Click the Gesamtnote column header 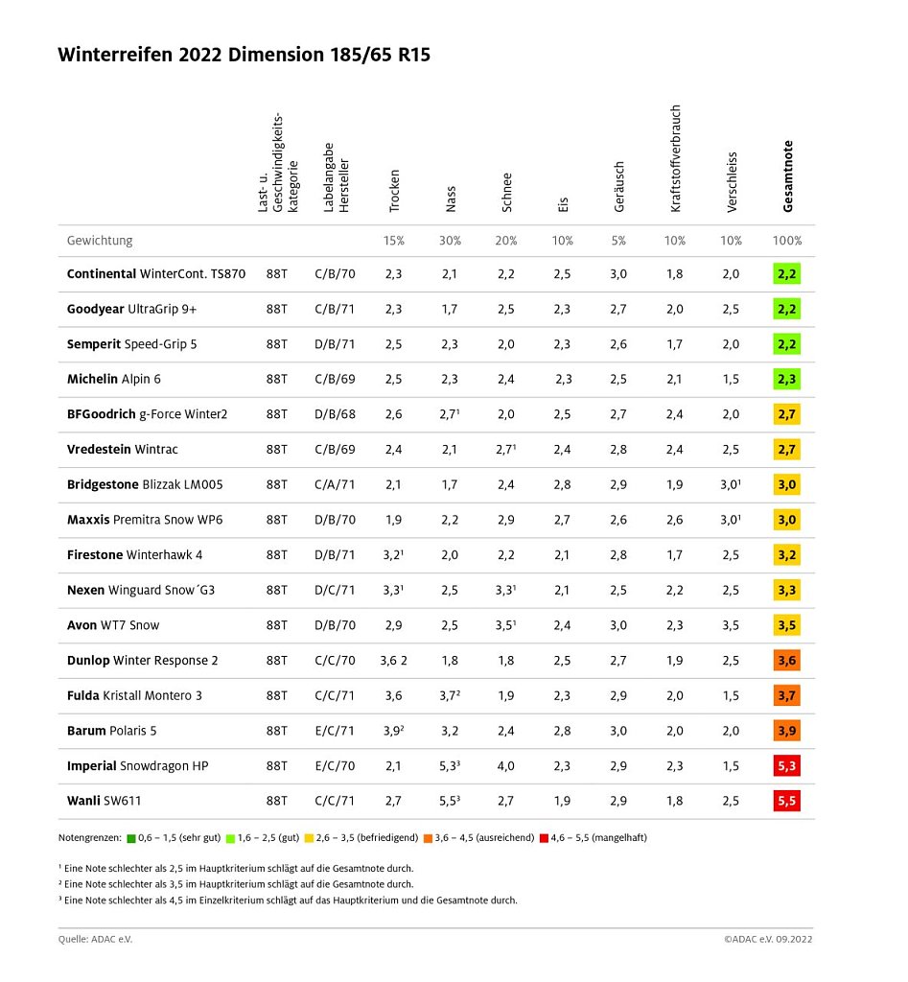coord(787,176)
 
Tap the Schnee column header coord(506,192)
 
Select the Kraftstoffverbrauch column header coord(675,159)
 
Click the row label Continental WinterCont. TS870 coord(156,274)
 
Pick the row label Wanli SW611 coord(105,801)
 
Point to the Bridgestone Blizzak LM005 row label coord(146,485)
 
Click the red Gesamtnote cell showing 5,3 coord(786,766)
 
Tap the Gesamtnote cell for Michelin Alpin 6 coord(786,380)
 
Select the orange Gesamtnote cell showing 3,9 coord(786,731)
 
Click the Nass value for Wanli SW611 coord(451,801)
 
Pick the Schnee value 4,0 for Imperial coord(506,766)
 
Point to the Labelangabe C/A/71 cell coord(335,485)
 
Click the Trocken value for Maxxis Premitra coord(394,520)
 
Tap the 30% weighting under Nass coord(451,241)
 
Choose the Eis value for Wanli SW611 coord(562,801)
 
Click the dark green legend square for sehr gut coord(131,838)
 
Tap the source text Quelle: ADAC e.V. coord(95,940)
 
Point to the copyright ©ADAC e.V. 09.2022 coord(769,940)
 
